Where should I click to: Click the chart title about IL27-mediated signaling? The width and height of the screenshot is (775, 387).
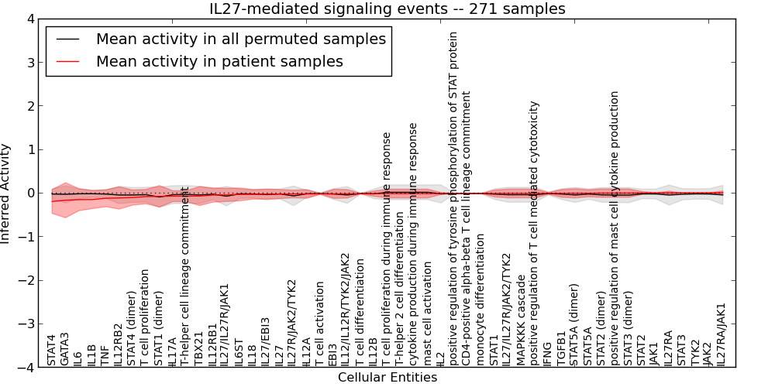[387, 9]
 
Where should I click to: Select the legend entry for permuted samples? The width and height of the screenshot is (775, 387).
[240, 39]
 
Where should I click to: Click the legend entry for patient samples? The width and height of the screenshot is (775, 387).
[219, 61]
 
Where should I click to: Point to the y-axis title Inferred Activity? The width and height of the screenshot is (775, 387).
[6, 193]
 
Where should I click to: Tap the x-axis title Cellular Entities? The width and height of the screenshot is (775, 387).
[387, 378]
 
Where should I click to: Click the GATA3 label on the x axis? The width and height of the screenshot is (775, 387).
[65, 348]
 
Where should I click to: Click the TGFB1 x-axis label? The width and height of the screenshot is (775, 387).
[560, 349]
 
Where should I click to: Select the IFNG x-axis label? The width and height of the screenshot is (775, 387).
[547, 353]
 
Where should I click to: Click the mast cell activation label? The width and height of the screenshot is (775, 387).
[427, 317]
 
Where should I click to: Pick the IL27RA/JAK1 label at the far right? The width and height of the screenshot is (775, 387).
[721, 334]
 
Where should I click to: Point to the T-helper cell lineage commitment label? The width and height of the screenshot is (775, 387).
[185, 276]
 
